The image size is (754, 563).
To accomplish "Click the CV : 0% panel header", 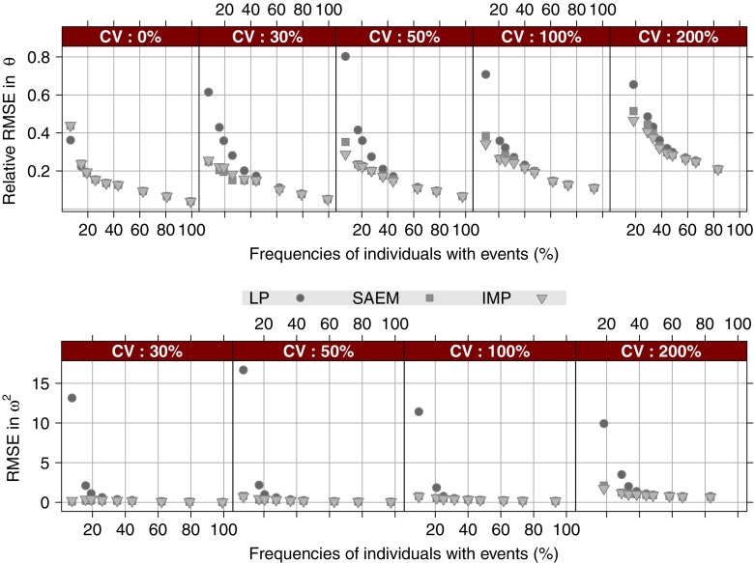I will pos(130,37).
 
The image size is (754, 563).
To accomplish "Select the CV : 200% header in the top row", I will pos(678,37).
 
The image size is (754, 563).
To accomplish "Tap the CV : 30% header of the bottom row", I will pos(147,349).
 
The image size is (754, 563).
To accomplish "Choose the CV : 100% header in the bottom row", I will pos(489,349).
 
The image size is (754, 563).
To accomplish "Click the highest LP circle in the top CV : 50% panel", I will pos(345,57).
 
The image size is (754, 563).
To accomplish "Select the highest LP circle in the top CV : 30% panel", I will pos(208,92).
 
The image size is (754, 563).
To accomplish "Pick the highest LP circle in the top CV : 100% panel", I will pos(485,74).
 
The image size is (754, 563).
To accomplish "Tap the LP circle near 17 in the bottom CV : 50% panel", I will pos(244,370).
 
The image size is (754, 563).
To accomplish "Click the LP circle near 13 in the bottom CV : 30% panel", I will pos(72,398).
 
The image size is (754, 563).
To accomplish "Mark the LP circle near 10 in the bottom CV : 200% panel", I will pos(603,423).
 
